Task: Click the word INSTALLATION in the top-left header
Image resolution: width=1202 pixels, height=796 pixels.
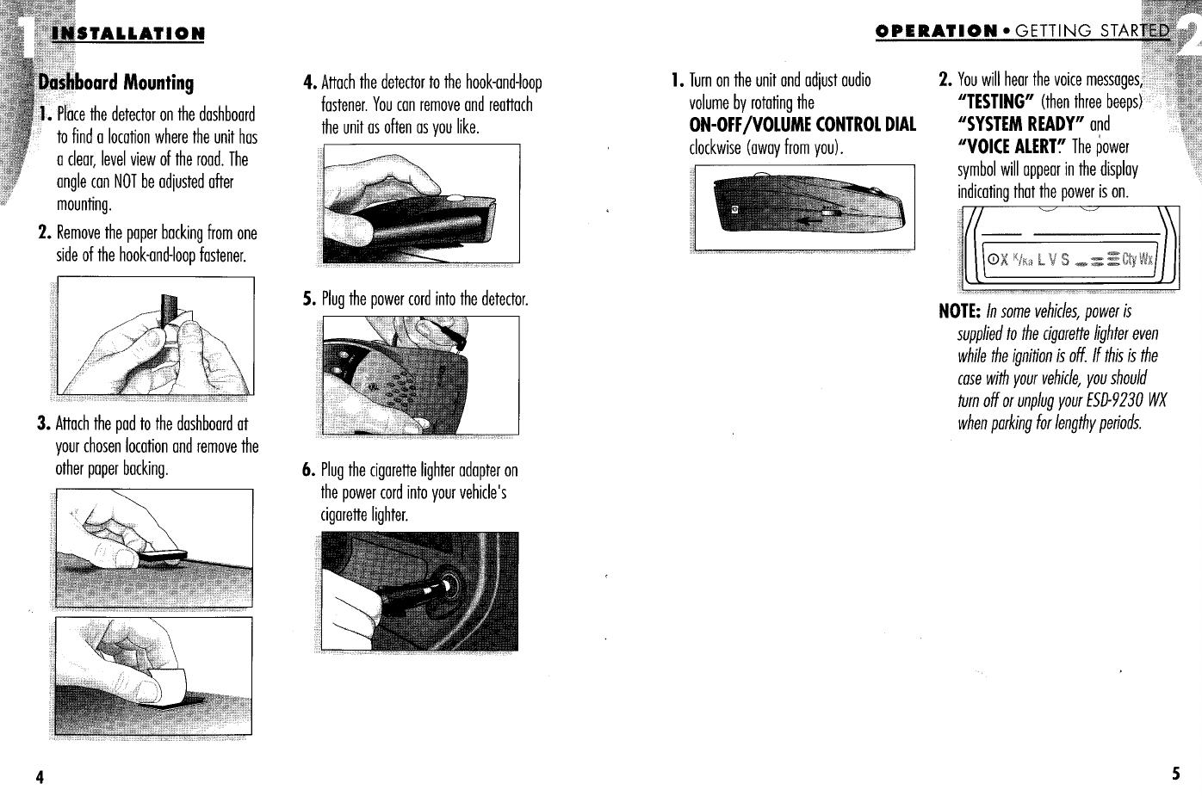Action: pos(128,34)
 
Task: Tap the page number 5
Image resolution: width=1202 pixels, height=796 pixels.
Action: pos(1174,772)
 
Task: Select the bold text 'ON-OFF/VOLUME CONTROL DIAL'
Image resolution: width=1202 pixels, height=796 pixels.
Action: pos(802,125)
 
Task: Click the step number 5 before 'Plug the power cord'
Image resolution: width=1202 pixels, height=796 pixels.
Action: pos(308,299)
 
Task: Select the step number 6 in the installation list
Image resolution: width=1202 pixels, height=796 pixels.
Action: pos(308,471)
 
